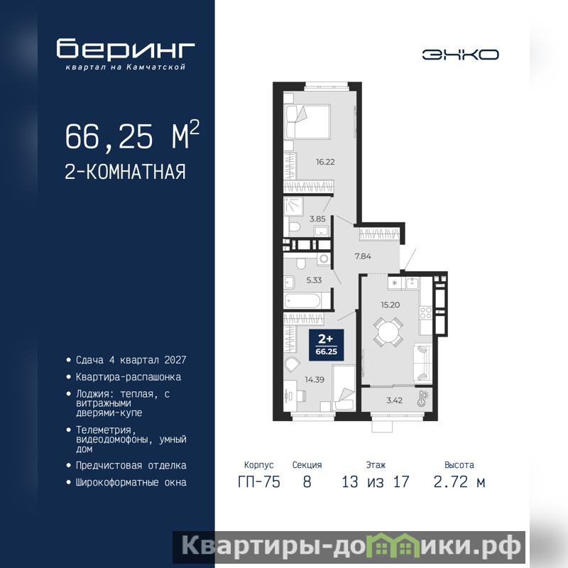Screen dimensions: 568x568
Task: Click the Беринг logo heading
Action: click(x=126, y=48)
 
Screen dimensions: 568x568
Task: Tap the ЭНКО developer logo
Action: click(x=460, y=55)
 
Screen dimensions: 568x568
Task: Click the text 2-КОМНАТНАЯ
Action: click(x=126, y=172)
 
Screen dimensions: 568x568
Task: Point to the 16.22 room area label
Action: click(x=325, y=162)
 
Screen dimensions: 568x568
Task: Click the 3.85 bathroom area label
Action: click(x=317, y=219)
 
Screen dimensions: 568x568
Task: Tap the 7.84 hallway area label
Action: click(x=363, y=256)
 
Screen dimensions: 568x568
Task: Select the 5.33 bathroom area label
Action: click(x=314, y=280)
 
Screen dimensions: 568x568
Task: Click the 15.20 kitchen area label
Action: click(x=390, y=305)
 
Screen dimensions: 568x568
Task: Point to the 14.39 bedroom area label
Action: click(x=315, y=380)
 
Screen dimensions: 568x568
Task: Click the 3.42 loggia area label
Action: click(x=395, y=400)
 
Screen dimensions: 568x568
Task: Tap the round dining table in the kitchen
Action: click(x=388, y=331)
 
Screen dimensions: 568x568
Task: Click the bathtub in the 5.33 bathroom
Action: click(x=302, y=300)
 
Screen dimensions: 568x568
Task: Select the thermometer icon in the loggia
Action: click(x=422, y=398)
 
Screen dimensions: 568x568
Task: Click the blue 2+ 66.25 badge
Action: click(x=326, y=345)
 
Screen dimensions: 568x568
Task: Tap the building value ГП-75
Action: click(x=259, y=482)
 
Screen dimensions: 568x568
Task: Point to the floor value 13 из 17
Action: click(x=376, y=482)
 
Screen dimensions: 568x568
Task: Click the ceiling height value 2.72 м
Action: click(x=459, y=482)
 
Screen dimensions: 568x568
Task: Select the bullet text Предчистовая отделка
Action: click(x=131, y=466)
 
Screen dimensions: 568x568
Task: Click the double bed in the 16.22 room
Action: click(x=307, y=121)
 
